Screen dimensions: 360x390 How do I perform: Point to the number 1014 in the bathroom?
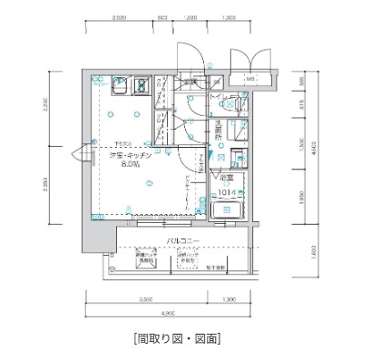click(226, 192)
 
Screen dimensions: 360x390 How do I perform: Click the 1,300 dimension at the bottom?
click(228, 298)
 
